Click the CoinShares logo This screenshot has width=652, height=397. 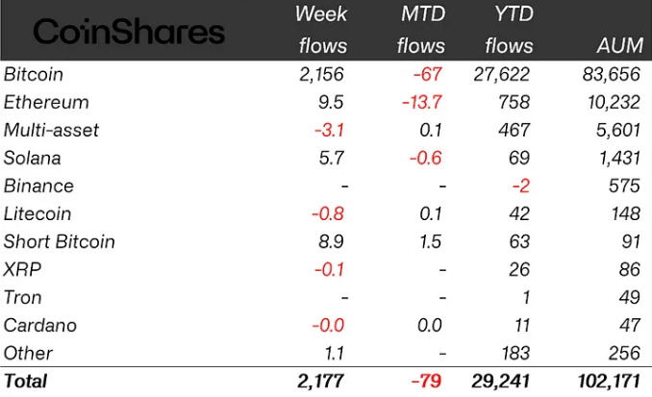coord(129,33)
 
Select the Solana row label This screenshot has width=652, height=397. coord(32,158)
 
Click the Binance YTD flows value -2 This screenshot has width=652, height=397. coord(521,186)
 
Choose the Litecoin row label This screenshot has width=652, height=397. coord(37,213)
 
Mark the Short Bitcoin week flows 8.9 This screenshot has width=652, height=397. coord(328,241)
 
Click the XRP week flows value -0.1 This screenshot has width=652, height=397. coord(328,269)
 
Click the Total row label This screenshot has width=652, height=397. coord(26,381)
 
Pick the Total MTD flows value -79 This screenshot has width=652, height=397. coord(426,381)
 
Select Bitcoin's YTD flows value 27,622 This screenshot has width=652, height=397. coord(501,74)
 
